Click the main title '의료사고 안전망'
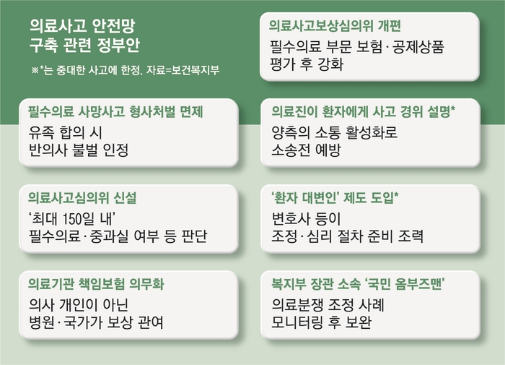point(82,26)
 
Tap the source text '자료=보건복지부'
point(183,70)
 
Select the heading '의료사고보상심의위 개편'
point(335,25)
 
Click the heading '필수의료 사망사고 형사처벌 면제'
point(115,111)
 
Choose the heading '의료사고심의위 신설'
point(82,198)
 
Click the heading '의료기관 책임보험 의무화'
point(96,284)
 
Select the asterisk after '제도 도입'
point(396,194)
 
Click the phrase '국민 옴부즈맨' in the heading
point(405,284)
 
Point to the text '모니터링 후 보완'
point(322,322)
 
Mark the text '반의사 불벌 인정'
point(79,150)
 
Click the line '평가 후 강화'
point(307,64)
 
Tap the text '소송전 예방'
point(306,150)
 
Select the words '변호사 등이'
point(306,219)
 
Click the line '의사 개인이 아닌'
point(79,305)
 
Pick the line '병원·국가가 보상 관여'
point(96,322)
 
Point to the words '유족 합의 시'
point(66,133)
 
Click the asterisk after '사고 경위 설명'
point(452,108)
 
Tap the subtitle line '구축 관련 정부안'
point(84,45)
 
